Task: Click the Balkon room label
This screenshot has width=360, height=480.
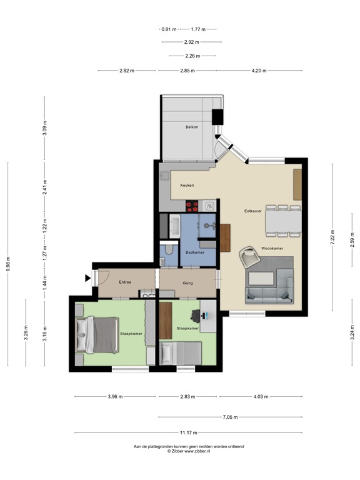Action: coord(192,127)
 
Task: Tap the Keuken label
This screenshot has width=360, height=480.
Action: coord(187,186)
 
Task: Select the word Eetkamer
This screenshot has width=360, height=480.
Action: coord(252,211)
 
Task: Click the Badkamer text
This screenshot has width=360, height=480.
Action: coord(195,252)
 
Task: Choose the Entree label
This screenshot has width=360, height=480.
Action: coord(125,282)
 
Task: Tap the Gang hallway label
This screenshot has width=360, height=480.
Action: coord(187,282)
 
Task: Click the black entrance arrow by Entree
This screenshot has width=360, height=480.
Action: coord(87,277)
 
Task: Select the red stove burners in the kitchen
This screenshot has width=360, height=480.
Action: coord(192,204)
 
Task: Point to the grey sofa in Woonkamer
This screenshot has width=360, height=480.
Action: coord(270,287)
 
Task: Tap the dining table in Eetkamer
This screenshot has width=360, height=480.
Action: coord(284,221)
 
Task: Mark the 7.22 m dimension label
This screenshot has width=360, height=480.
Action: coord(333,237)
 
